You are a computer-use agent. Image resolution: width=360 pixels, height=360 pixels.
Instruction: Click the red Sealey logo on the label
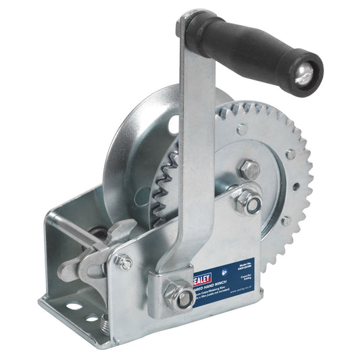(202, 278)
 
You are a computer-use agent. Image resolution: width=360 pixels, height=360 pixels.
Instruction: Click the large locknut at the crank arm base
(178, 295)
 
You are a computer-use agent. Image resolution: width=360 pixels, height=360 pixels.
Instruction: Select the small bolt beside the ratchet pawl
(124, 262)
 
